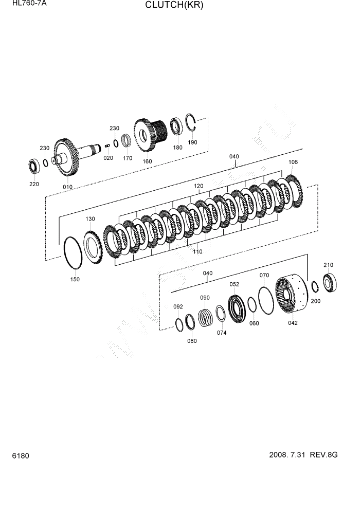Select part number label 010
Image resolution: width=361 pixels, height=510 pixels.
pos(67,187)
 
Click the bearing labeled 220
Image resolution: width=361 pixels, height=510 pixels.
pos(34,166)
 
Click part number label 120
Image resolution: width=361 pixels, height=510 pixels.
pos(198,186)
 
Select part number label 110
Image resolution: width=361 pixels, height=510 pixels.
pos(197,252)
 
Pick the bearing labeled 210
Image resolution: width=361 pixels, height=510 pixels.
pos(330,282)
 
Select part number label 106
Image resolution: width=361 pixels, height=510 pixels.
pos(293,162)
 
